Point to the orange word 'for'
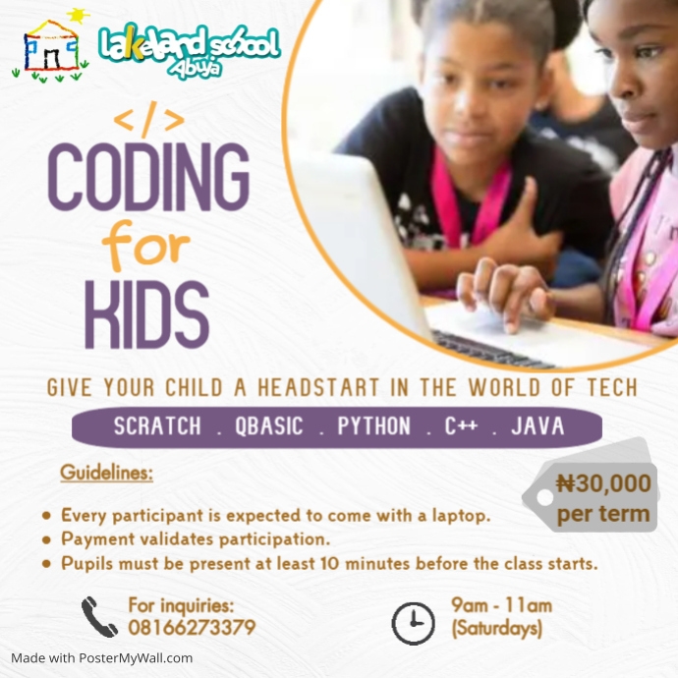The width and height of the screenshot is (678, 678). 148,248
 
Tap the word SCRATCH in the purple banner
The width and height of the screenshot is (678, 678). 157,427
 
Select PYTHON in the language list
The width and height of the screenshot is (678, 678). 374,427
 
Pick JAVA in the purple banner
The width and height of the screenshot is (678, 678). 538,427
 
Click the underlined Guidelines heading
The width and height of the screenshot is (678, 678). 106,474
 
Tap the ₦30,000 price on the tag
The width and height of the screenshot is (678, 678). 603,483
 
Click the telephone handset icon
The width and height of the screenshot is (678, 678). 99,617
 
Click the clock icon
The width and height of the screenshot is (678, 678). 413,621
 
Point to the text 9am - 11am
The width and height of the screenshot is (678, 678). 501,605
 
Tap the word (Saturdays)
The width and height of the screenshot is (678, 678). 497,628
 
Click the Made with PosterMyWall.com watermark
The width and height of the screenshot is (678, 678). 102,658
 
